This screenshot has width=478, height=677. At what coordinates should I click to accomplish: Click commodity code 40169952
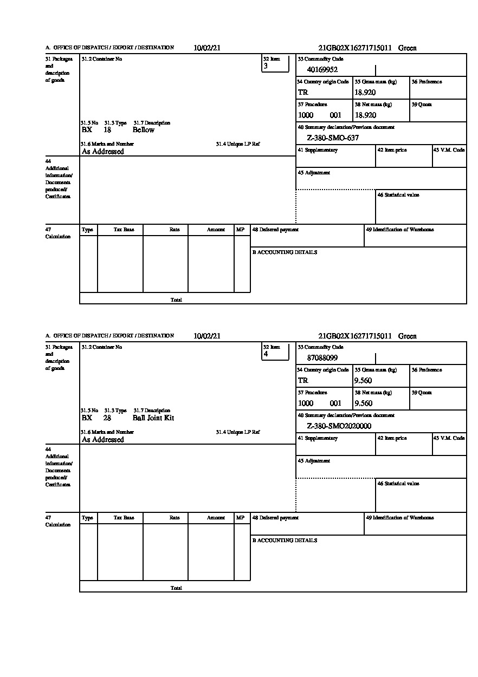322,69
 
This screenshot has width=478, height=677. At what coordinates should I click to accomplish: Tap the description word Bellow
144,130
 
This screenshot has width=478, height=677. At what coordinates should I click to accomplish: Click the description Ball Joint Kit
153,418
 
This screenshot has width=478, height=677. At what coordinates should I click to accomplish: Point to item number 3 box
275,64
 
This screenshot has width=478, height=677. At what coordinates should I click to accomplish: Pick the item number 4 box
275,352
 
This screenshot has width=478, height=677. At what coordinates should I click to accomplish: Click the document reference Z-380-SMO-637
333,138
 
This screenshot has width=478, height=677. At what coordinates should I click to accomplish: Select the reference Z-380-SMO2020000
339,426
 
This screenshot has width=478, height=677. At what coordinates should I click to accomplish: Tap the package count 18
107,130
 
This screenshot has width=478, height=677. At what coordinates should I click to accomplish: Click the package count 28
107,418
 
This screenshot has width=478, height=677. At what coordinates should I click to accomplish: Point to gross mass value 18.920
365,92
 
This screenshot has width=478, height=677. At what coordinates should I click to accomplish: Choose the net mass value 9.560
363,403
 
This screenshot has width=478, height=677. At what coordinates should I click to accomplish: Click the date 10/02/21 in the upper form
207,48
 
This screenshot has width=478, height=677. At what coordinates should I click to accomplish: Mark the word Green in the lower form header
408,336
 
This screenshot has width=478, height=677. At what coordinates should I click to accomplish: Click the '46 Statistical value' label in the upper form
398,195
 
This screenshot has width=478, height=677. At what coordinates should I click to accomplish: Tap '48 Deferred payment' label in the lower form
275,518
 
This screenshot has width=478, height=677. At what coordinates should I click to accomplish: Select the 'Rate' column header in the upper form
175,230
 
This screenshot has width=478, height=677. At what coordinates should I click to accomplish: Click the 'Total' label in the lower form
176,588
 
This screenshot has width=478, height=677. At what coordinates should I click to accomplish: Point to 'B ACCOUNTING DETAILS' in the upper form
285,252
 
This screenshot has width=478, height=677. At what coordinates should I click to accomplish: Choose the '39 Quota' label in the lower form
422,392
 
